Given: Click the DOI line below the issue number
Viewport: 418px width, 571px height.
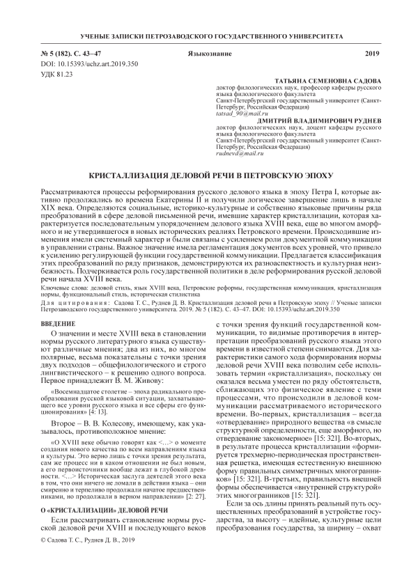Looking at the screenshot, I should pyautogui.click(x=77, y=63).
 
